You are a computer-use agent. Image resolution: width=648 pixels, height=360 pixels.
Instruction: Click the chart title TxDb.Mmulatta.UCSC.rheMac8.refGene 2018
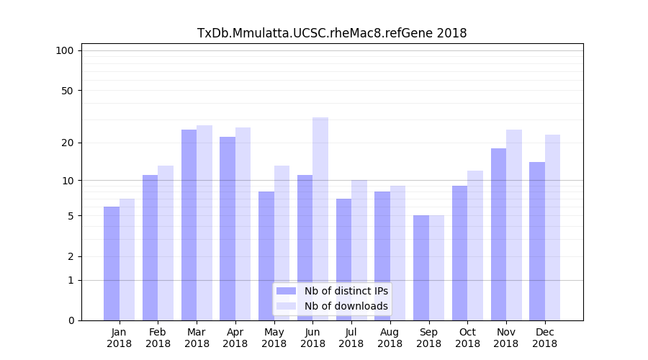[332, 33]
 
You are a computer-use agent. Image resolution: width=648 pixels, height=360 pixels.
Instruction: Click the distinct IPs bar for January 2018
[112, 264]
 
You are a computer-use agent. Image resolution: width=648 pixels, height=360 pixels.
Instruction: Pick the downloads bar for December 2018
[552, 228]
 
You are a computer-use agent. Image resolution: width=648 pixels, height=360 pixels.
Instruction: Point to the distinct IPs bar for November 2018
[498, 234]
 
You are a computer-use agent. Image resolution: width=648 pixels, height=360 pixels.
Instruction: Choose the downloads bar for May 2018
[282, 243]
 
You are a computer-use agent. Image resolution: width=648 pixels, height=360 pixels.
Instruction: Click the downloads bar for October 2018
[475, 246]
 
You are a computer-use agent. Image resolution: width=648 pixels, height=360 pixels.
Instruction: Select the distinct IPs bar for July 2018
[343, 259]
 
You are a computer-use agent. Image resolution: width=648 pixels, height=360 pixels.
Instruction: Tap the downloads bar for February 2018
[166, 243]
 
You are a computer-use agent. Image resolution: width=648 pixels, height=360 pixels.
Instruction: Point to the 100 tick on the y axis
[65, 50]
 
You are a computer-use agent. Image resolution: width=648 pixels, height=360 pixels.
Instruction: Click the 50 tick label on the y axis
[68, 91]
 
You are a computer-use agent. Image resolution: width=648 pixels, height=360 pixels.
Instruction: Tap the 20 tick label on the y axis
[68, 143]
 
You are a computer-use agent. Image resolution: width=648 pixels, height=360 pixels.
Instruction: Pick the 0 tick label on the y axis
[71, 320]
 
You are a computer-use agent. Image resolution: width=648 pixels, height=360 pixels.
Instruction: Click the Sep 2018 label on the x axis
[428, 338]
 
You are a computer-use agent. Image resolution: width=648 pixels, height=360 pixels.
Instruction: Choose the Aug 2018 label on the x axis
[390, 338]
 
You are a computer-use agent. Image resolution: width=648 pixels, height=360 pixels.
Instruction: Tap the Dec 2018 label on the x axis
[544, 338]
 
